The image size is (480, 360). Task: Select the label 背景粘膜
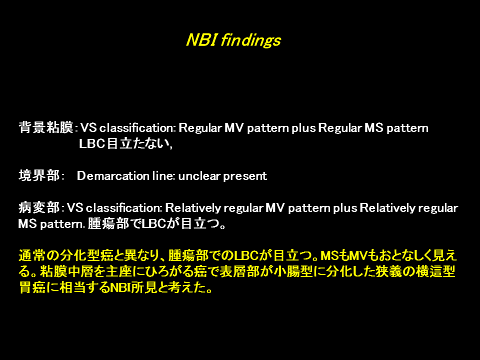pos(46,127)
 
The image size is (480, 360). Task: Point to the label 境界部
pos(39,175)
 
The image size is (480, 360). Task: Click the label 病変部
pos(39,207)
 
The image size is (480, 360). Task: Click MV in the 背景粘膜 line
pos(234,127)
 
